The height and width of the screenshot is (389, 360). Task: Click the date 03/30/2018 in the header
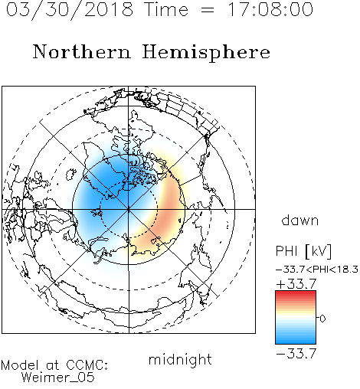[x=70, y=10]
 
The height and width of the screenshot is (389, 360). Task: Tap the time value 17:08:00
[x=270, y=9]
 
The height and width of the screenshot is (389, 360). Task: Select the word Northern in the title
[x=82, y=51]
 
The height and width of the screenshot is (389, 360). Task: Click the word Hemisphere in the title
[x=206, y=53]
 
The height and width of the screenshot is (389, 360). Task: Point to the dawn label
[x=300, y=220]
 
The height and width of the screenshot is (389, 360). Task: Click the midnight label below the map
[x=180, y=360]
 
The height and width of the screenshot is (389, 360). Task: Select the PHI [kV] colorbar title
[x=303, y=251]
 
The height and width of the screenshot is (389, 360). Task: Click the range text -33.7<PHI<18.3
[x=317, y=270]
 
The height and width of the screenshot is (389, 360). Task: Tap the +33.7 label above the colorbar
[x=296, y=284]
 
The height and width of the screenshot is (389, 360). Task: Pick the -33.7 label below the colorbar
[x=296, y=354]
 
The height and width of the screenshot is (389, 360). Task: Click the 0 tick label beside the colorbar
[x=322, y=319]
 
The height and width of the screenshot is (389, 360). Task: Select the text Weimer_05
[x=58, y=378]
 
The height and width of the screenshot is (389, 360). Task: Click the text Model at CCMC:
[x=54, y=365]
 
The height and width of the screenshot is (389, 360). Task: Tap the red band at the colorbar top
[x=296, y=294]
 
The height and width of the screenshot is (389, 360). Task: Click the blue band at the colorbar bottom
[x=296, y=339]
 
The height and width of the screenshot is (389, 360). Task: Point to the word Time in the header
[x=166, y=9]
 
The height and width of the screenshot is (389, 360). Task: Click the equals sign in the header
[x=208, y=10]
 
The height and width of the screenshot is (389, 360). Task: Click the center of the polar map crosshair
[x=129, y=209]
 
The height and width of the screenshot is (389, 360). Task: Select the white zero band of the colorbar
[x=296, y=319]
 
